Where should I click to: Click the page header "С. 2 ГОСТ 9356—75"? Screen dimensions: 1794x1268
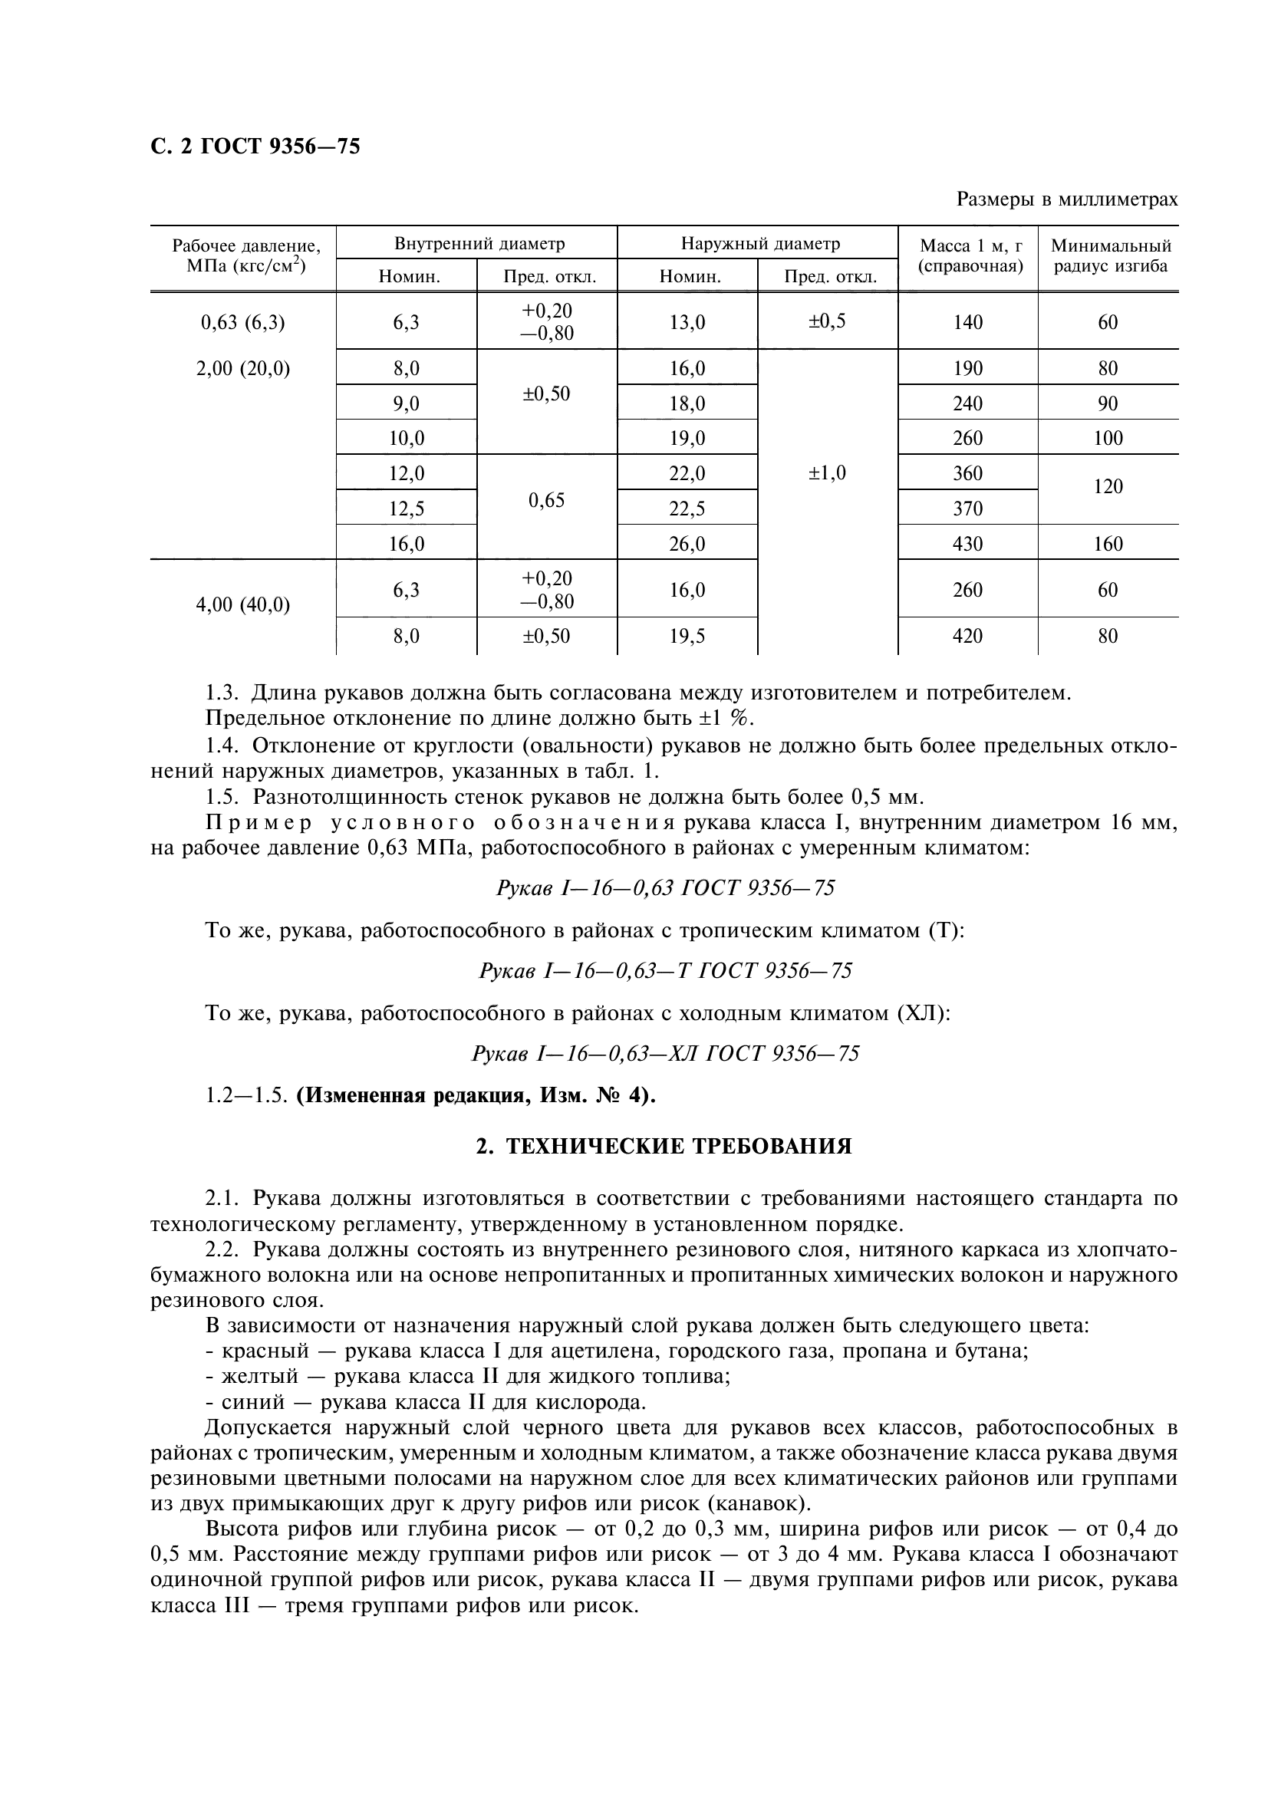coord(255,146)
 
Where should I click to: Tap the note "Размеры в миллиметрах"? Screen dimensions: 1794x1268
coord(1066,200)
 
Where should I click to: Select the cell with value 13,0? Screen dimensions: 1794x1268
coord(687,322)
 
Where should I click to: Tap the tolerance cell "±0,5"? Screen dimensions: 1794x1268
coord(828,321)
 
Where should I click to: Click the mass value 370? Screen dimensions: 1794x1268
coord(967,509)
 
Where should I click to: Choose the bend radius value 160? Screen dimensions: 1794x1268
coord(1107,544)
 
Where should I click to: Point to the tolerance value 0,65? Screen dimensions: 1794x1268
coord(546,500)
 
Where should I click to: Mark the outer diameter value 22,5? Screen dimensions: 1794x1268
coord(687,509)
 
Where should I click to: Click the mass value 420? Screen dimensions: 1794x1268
coord(967,636)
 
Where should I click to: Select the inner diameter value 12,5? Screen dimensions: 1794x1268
coord(407,509)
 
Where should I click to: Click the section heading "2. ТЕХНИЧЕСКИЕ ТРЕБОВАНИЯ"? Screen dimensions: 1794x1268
coord(664,1147)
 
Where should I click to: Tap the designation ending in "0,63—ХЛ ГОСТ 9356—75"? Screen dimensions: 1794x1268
coord(665,1054)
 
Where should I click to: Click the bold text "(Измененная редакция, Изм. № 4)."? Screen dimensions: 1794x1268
coord(476,1096)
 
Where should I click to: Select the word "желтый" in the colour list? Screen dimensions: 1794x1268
coord(250,1377)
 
